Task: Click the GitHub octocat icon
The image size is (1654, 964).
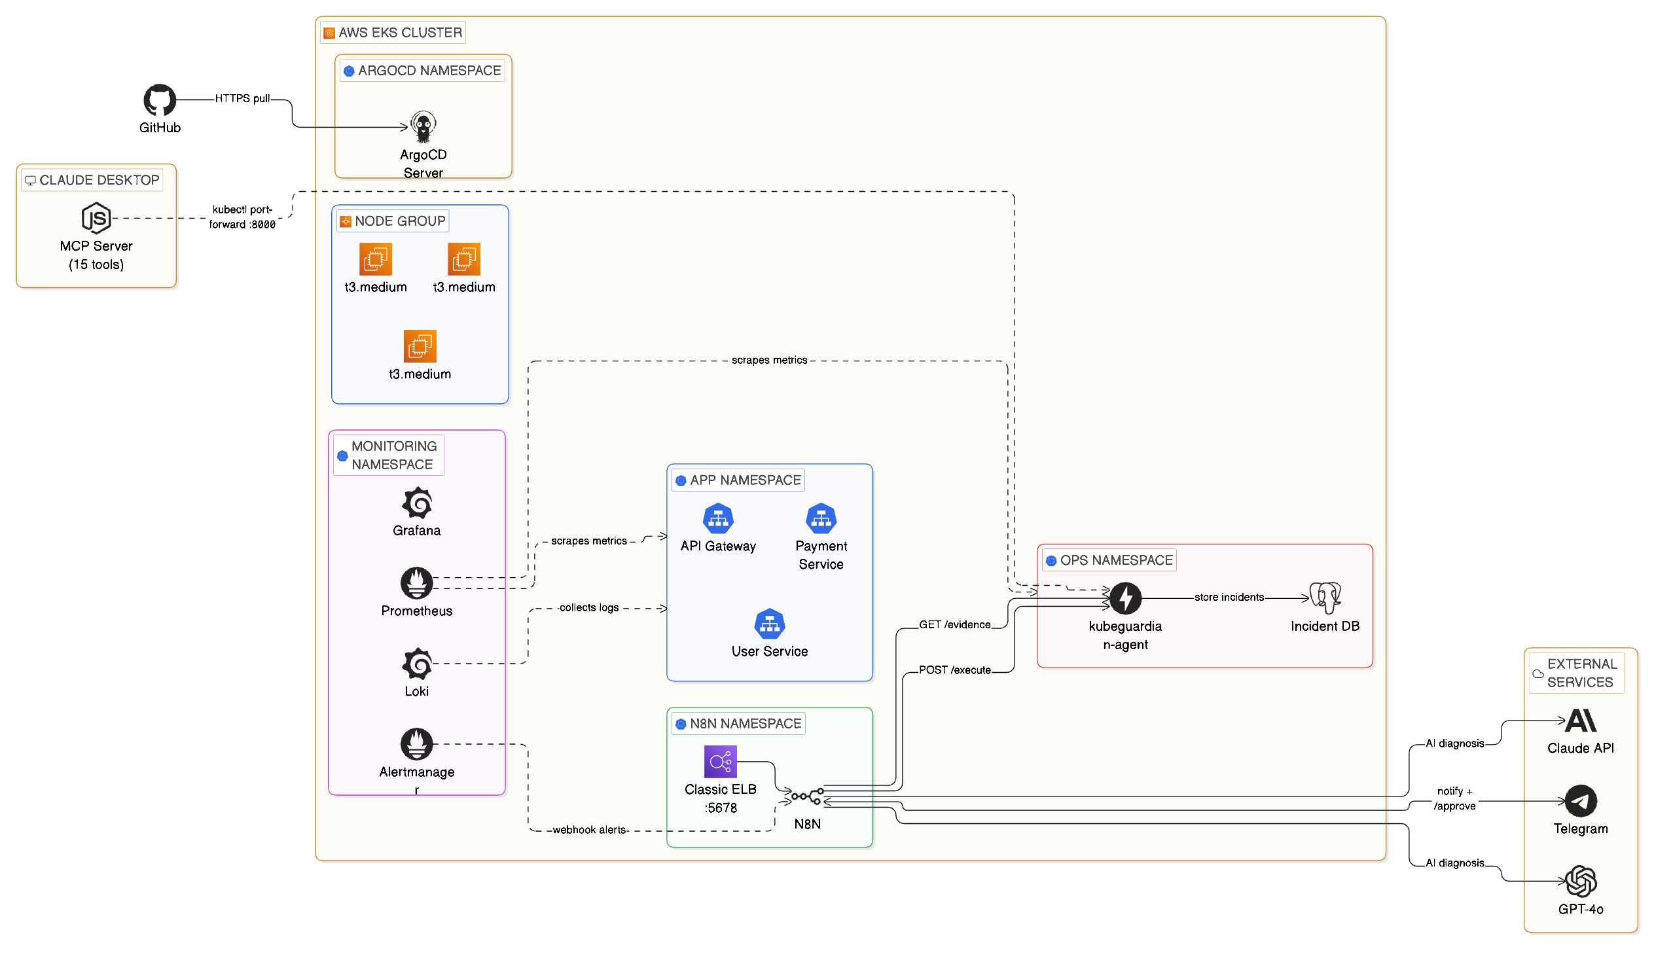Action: pyautogui.click(x=160, y=99)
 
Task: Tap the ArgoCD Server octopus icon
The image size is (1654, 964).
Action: pyautogui.click(x=423, y=127)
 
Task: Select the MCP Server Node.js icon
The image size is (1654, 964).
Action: pyautogui.click(x=96, y=218)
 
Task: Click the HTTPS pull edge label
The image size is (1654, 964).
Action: pyautogui.click(x=242, y=98)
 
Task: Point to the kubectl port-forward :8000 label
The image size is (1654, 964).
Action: pyautogui.click(x=242, y=217)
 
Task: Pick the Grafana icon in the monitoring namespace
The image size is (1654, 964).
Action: pyautogui.click(x=417, y=504)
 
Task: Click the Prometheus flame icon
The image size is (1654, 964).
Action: pyautogui.click(x=417, y=583)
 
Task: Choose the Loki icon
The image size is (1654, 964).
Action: pyautogui.click(x=417, y=664)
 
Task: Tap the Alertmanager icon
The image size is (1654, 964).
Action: pyautogui.click(x=417, y=744)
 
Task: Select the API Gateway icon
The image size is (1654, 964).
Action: pyautogui.click(x=718, y=519)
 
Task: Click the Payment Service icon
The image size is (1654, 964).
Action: pyautogui.click(x=821, y=519)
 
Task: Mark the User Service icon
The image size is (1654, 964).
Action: pyautogui.click(x=769, y=624)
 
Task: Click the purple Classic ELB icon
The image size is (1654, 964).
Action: pyautogui.click(x=721, y=762)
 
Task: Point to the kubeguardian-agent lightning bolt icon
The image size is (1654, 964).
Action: pyautogui.click(x=1126, y=598)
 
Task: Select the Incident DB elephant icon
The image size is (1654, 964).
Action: pyautogui.click(x=1325, y=598)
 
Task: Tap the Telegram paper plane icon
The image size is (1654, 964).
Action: pyautogui.click(x=1581, y=801)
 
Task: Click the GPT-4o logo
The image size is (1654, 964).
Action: pyautogui.click(x=1581, y=882)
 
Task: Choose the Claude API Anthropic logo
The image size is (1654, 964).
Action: pyautogui.click(x=1581, y=721)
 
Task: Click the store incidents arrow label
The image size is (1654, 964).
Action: pyautogui.click(x=1229, y=597)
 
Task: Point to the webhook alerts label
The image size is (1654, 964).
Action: pyautogui.click(x=589, y=830)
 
